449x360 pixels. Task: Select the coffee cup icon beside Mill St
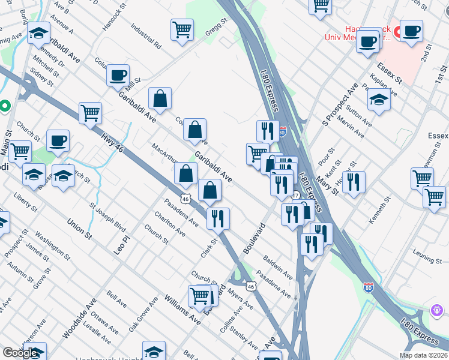tap(118, 76)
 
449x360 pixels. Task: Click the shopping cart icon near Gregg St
tap(182, 29)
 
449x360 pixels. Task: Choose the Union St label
tap(80, 229)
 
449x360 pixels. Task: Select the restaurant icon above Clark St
tap(218, 218)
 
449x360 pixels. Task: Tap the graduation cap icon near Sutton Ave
tap(379, 100)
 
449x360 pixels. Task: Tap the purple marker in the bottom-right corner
tap(437, 310)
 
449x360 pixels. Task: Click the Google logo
tap(20, 353)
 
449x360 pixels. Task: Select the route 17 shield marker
tap(296, 196)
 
